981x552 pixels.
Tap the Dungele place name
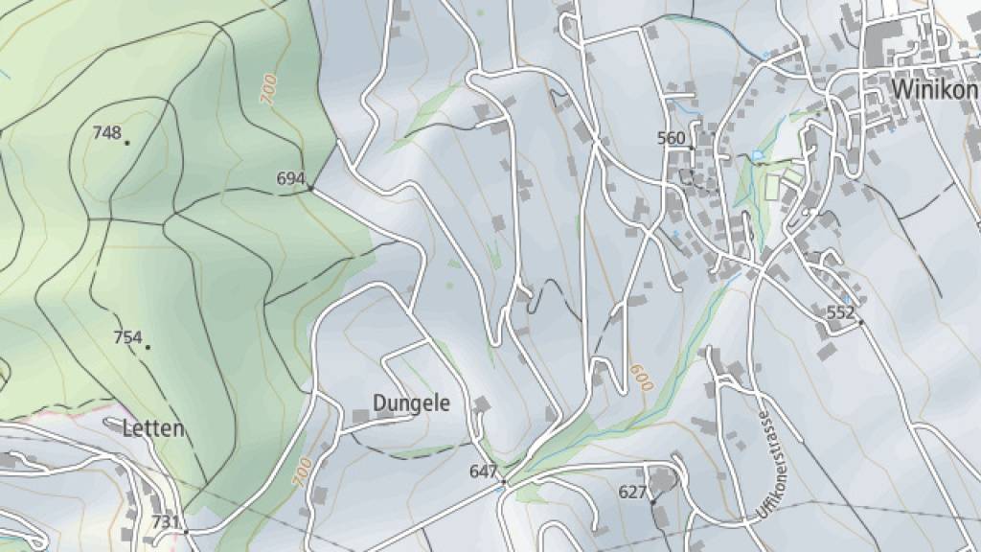[412, 402]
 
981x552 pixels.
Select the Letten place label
[153, 428]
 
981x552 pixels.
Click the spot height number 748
[106, 133]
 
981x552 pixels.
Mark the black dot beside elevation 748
[127, 143]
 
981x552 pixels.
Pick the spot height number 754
[127, 337]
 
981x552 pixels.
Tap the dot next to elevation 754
[148, 347]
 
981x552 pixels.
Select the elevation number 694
[290, 178]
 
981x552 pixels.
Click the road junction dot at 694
[310, 188]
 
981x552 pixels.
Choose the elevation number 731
[166, 521]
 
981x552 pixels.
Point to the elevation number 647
[483, 471]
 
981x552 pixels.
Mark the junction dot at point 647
[503, 482]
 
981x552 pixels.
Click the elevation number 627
[632, 493]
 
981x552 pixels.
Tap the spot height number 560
[672, 138]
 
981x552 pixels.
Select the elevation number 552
[839, 312]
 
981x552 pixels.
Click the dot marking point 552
[860, 322]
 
